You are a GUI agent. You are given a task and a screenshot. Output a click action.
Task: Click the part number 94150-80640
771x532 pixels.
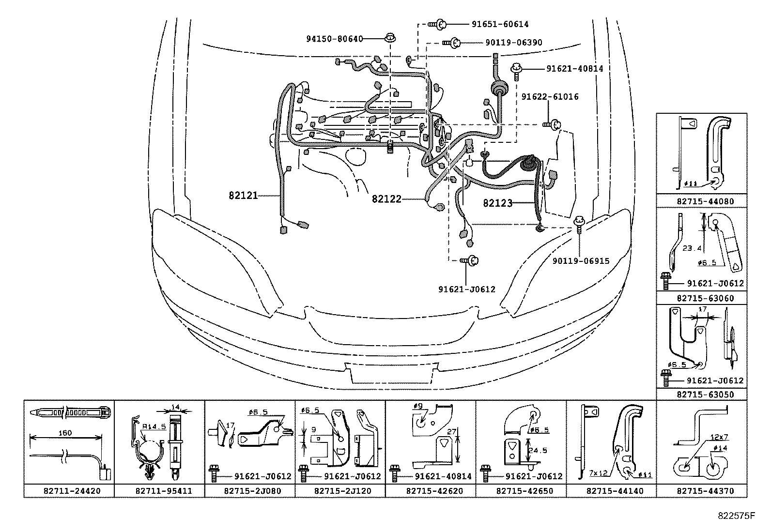(334, 39)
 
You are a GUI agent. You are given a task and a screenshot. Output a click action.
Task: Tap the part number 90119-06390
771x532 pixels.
(513, 43)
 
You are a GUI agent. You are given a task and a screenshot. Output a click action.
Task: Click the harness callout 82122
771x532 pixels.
(386, 198)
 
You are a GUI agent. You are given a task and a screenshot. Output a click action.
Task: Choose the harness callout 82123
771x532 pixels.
(497, 203)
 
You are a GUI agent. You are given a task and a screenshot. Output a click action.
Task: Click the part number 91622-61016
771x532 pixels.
(550, 97)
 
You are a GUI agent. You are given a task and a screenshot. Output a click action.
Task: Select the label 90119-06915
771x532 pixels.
(581, 261)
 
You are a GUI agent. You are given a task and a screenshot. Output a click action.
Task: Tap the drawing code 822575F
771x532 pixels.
(736, 516)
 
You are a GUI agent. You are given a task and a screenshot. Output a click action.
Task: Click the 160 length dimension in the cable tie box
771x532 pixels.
(65, 433)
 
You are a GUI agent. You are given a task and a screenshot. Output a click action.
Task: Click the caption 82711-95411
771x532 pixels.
(159, 491)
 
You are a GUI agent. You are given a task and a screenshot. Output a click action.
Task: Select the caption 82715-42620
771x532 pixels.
(431, 491)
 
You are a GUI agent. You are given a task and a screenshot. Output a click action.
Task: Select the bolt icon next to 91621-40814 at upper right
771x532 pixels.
(517, 71)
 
